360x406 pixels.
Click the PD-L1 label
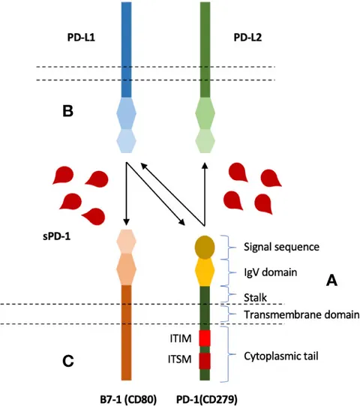pyautogui.click(x=81, y=38)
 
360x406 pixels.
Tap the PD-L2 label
pyautogui.click(x=247, y=38)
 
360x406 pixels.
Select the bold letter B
pyautogui.click(x=67, y=111)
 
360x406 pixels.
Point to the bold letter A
pyautogui.click(x=331, y=280)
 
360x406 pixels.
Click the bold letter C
pyautogui.click(x=68, y=361)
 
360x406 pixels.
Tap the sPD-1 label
pyautogui.click(x=56, y=236)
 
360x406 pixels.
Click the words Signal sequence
pyautogui.click(x=281, y=247)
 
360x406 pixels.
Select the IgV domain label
pyautogui.click(x=271, y=272)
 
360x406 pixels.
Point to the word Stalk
pyautogui.click(x=255, y=297)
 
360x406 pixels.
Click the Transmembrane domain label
pyautogui.click(x=301, y=314)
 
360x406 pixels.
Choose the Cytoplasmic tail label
pyautogui.click(x=281, y=356)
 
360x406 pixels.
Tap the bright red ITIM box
pyautogui.click(x=205, y=338)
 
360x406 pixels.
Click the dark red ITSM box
pyautogui.click(x=205, y=361)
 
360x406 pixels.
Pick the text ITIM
pyautogui.click(x=181, y=338)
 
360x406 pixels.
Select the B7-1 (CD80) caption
pyautogui.click(x=128, y=399)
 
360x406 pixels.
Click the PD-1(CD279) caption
pyautogui.click(x=206, y=399)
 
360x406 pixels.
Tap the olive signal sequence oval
pyautogui.click(x=205, y=247)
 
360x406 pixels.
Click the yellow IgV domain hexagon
pyautogui.click(x=205, y=271)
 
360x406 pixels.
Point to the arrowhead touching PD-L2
pyautogui.click(x=205, y=166)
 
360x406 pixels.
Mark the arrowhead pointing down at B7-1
pyautogui.click(x=126, y=222)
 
